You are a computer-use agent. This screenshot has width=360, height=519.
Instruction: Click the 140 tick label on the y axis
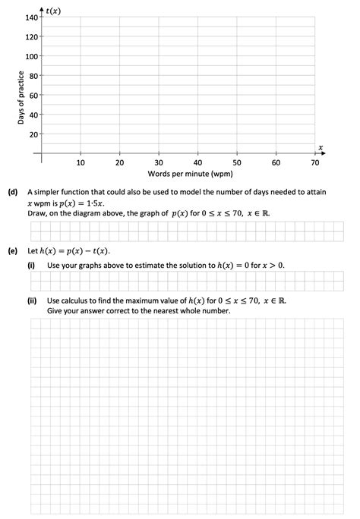[x=31, y=17]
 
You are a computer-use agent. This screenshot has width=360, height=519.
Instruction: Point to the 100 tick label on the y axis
[x=31, y=57]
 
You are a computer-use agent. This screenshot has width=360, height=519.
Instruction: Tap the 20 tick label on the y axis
[x=33, y=135]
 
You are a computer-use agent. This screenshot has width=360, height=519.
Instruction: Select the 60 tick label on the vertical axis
[x=33, y=96]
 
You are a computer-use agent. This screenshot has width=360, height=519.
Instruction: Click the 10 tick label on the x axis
[x=81, y=162]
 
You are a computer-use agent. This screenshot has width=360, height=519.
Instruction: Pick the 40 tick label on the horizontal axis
[x=197, y=162]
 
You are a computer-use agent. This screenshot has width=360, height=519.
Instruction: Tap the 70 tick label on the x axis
[x=315, y=162]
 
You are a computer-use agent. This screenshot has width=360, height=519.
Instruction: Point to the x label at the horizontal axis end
[x=321, y=146]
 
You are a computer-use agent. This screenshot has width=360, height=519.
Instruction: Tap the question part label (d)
[x=13, y=193]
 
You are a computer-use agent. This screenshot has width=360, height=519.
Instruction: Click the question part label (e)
[x=13, y=250]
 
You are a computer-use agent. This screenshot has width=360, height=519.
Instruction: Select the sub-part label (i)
[x=32, y=265]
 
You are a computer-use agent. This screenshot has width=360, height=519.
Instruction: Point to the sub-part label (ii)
[x=33, y=300]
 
